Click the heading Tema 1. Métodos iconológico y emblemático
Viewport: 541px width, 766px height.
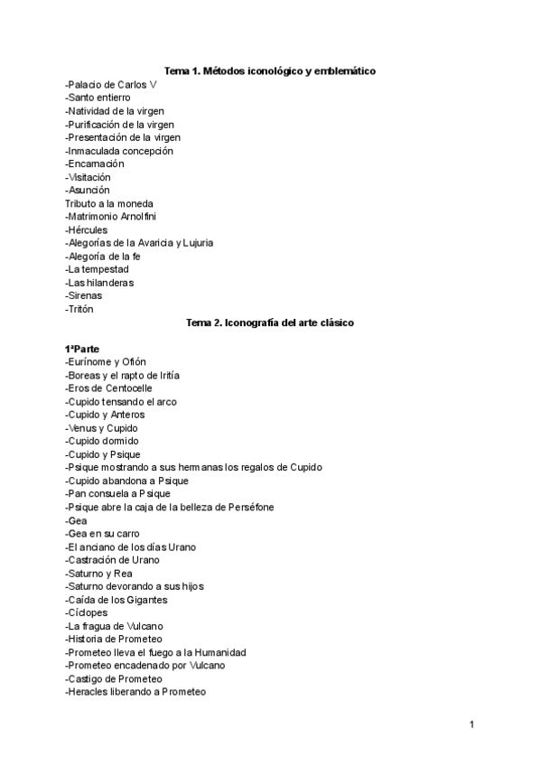tap(270, 70)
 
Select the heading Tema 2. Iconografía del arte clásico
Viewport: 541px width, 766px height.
tap(270, 322)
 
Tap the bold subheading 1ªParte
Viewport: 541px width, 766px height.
tap(82, 349)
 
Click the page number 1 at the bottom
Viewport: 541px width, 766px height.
tap(471, 724)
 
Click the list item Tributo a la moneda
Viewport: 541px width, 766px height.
tap(108, 203)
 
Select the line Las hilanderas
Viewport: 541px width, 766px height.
tap(99, 283)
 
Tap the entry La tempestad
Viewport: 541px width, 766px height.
tap(97, 269)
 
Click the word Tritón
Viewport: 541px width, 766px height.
tap(80, 309)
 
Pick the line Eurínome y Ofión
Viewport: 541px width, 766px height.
tap(106, 362)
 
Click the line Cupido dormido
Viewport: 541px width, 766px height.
tap(102, 441)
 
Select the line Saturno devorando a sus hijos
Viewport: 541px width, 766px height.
tap(135, 586)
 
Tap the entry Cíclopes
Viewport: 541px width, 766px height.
tap(89, 612)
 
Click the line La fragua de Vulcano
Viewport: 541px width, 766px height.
tap(115, 626)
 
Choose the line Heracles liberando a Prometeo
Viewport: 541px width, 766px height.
tap(135, 692)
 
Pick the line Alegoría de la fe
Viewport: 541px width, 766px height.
tap(102, 257)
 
